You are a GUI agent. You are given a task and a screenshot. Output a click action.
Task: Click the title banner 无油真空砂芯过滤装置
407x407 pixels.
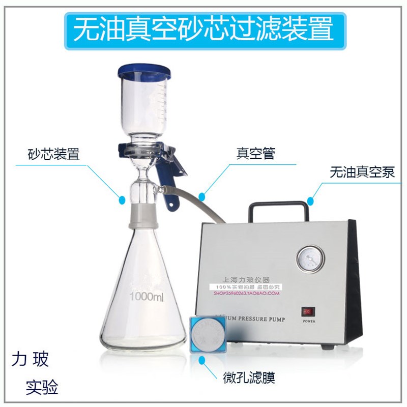coord(203,30)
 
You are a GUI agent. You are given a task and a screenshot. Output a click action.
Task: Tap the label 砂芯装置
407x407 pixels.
coord(53,154)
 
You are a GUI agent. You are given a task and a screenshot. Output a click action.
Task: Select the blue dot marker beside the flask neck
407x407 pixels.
coord(122,200)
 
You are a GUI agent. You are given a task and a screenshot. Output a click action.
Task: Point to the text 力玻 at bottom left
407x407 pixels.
coord(31,361)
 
